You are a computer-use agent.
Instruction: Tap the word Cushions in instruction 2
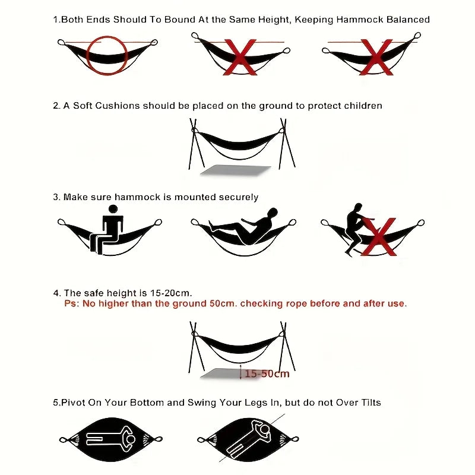click(x=116, y=106)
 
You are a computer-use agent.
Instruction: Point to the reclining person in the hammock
click(x=245, y=226)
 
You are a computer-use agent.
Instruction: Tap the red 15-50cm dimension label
click(x=267, y=373)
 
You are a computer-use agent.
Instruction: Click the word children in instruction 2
click(x=363, y=106)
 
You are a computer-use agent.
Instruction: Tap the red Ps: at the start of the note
click(x=71, y=303)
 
